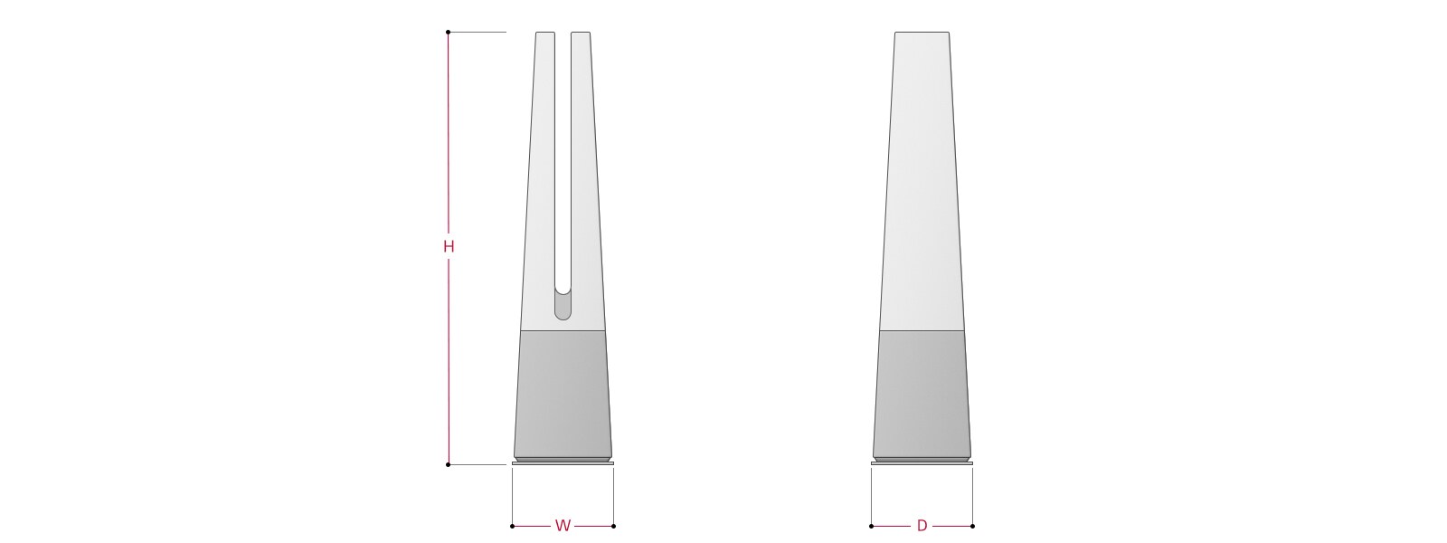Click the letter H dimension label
point(449,246)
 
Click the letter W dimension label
point(563,526)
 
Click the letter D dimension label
point(922,526)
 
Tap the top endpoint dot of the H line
point(449,32)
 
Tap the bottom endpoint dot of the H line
point(449,464)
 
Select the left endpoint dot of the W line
point(512,526)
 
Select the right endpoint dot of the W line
point(614,526)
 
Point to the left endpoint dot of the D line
point(872,526)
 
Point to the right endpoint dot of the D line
point(973,526)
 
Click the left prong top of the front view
point(545,33)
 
